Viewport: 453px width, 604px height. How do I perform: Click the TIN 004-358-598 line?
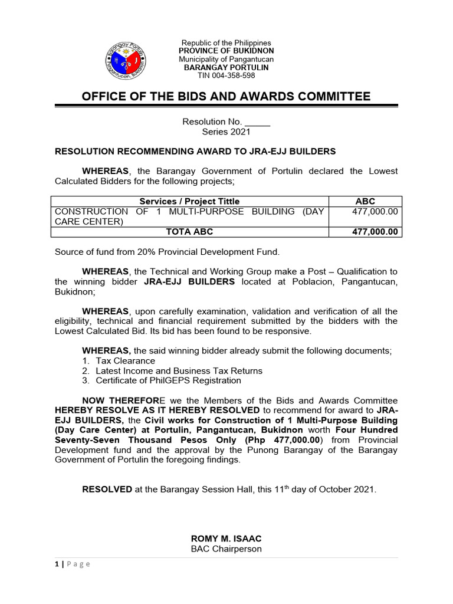click(226, 75)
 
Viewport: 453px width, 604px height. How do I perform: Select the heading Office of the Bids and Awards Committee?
click(226, 97)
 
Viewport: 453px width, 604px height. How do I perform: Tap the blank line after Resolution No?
click(257, 122)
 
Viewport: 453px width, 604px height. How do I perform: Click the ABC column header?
click(365, 201)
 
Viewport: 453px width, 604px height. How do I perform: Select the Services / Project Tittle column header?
click(189, 201)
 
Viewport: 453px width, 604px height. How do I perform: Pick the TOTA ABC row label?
click(189, 232)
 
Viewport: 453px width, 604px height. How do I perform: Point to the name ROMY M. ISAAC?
click(226, 539)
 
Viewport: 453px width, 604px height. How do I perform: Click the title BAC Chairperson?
click(226, 549)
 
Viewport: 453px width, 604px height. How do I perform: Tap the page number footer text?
click(70, 564)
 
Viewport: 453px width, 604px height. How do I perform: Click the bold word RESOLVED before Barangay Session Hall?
click(107, 490)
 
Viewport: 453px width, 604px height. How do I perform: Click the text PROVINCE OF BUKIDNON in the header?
click(226, 51)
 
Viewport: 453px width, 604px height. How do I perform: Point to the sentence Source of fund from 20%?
click(167, 252)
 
